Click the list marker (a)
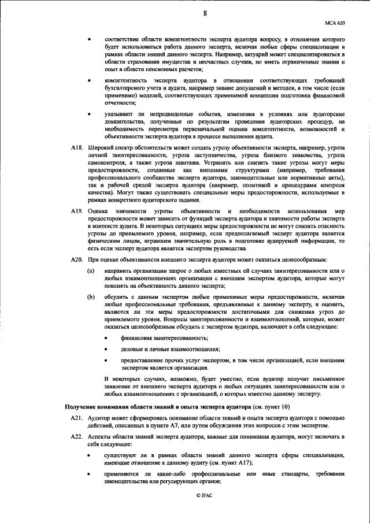(91, 270)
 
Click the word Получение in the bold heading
(84, 409)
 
